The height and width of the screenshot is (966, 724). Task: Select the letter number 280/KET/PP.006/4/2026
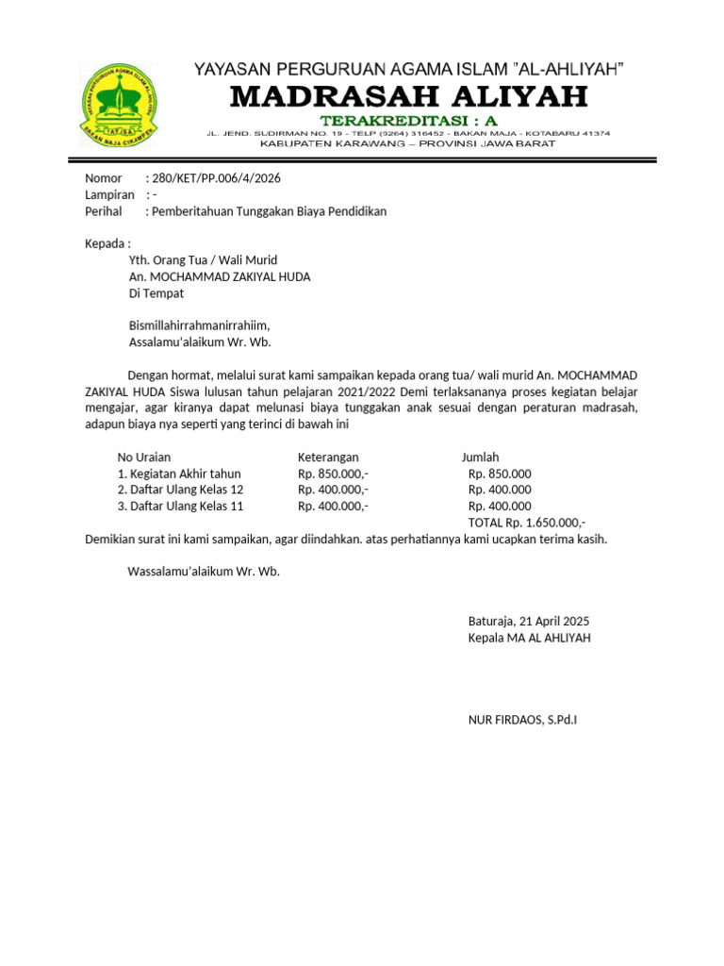[216, 178]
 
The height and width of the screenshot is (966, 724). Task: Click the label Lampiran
[110, 194]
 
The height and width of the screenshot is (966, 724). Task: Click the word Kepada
[106, 243]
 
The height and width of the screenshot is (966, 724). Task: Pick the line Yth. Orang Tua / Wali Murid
[203, 260]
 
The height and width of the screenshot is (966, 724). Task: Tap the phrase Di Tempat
[156, 293]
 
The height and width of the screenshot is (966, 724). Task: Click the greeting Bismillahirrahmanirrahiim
[199, 325]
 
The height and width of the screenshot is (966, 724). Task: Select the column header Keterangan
[329, 457]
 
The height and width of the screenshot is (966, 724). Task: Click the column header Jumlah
[480, 457]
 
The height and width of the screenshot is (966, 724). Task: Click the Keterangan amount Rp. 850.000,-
[333, 474]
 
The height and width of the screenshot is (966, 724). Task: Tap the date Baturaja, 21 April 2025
[528, 621]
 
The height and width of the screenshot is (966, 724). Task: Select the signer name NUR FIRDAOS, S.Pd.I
[522, 720]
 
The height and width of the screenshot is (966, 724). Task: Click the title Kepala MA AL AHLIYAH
[529, 638]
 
